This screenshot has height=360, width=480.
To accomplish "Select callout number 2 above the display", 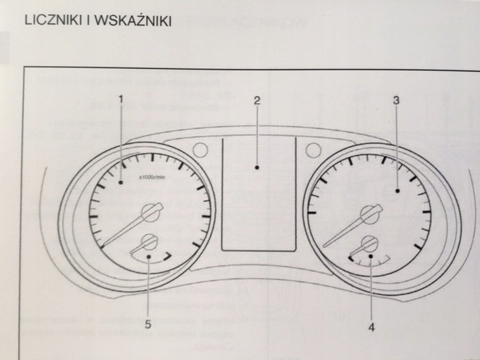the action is point(257,100).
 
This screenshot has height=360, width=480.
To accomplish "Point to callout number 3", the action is point(396,99).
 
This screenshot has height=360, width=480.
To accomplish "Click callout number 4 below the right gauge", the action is point(370,326).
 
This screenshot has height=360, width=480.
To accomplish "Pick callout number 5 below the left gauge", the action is point(148,324).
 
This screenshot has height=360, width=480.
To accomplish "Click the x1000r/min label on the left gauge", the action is point(153,178).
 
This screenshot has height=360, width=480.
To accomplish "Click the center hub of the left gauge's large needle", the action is point(151,212).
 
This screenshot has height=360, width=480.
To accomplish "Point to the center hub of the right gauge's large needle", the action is point(369,214).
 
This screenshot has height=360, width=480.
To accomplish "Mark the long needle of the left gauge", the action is point(124,231).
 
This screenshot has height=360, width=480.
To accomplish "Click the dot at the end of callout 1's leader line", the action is point(120,181).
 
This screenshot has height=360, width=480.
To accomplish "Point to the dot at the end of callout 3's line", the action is point(396,193).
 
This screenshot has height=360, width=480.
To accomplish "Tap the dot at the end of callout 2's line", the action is point(257,168).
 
